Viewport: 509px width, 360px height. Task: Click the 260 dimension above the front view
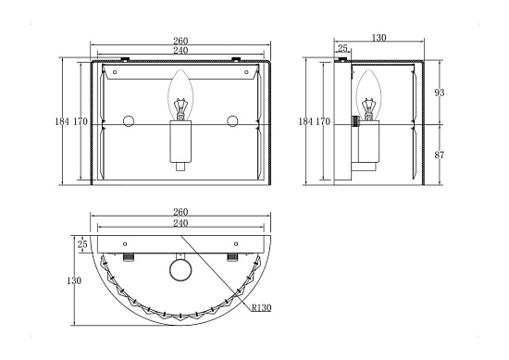tap(180, 41)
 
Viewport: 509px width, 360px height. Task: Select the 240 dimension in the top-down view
tap(180, 223)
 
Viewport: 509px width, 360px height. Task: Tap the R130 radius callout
tap(261, 307)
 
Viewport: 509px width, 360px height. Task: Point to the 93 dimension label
tap(440, 93)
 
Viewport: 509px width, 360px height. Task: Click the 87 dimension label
tap(440, 155)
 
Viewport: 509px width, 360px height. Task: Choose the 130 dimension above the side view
tap(379, 38)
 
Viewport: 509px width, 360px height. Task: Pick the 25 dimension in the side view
tap(342, 48)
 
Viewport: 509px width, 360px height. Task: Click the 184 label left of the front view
tap(62, 121)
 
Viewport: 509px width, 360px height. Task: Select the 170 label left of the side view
tap(323, 121)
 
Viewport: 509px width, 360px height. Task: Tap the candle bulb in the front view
tap(180, 94)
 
